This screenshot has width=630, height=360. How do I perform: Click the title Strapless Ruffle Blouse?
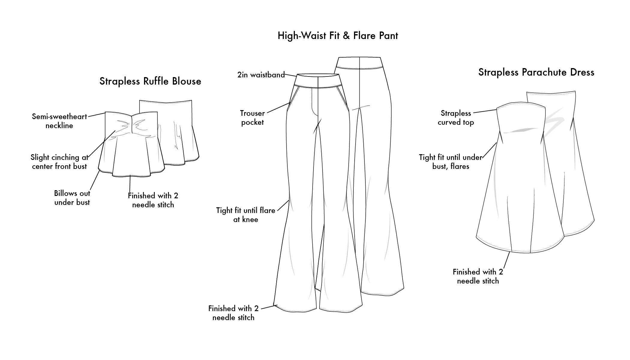[x=150, y=81]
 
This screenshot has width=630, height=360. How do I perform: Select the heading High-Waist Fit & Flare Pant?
[x=338, y=36]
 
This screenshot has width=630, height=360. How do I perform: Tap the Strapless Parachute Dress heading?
[x=536, y=72]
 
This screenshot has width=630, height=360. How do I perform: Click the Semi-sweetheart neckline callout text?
[x=59, y=121]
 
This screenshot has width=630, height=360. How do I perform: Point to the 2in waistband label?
[x=261, y=75]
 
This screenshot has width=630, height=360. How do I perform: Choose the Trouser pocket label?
[x=252, y=118]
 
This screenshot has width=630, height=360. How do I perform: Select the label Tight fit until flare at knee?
[x=246, y=215]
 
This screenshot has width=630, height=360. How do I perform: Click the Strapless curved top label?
[x=456, y=118]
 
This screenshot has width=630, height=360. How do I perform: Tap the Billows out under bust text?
[x=72, y=198]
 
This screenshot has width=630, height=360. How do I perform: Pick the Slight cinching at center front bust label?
[x=59, y=162]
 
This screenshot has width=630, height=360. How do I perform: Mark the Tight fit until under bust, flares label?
[x=451, y=162]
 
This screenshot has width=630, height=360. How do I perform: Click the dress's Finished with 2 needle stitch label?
[x=478, y=276]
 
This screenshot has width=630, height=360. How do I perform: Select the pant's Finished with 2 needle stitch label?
[x=233, y=313]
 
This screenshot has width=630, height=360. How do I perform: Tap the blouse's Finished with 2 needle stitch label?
[x=153, y=200]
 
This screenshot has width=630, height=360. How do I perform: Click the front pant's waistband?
[x=318, y=81]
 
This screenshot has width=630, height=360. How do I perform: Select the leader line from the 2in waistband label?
[x=290, y=75]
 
